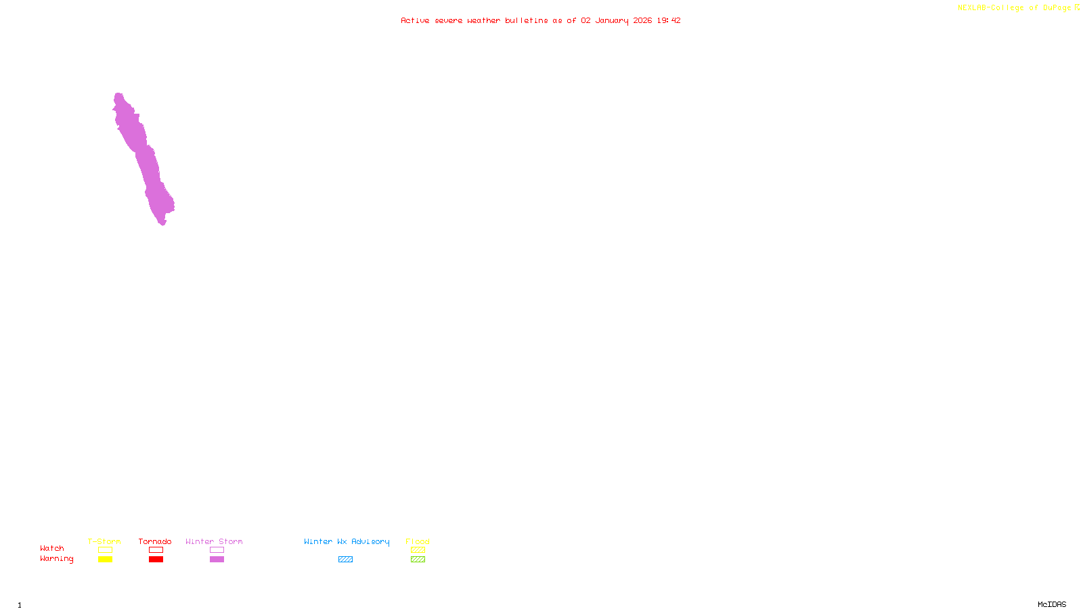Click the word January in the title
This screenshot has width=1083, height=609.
coord(611,20)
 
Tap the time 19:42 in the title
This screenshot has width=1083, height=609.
coord(668,20)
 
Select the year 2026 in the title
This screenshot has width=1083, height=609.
coord(642,20)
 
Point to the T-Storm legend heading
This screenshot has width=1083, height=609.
coord(104,541)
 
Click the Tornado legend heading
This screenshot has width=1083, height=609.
coord(155,541)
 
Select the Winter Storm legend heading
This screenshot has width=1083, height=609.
coord(214,541)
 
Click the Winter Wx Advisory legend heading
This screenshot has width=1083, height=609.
coord(347,541)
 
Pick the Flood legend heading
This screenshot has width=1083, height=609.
coord(418,541)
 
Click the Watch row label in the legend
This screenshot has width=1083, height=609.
coord(52,549)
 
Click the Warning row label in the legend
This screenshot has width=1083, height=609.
coord(56,559)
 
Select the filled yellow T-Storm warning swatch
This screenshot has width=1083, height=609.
coord(105,560)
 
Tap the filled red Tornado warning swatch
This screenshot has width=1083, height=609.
coord(156,560)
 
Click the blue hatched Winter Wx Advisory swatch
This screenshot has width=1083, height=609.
coord(345,560)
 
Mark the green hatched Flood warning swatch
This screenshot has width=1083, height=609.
coord(418,560)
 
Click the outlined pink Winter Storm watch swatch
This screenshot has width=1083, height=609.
coord(217,550)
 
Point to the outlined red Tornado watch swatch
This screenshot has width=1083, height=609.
coord(156,550)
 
